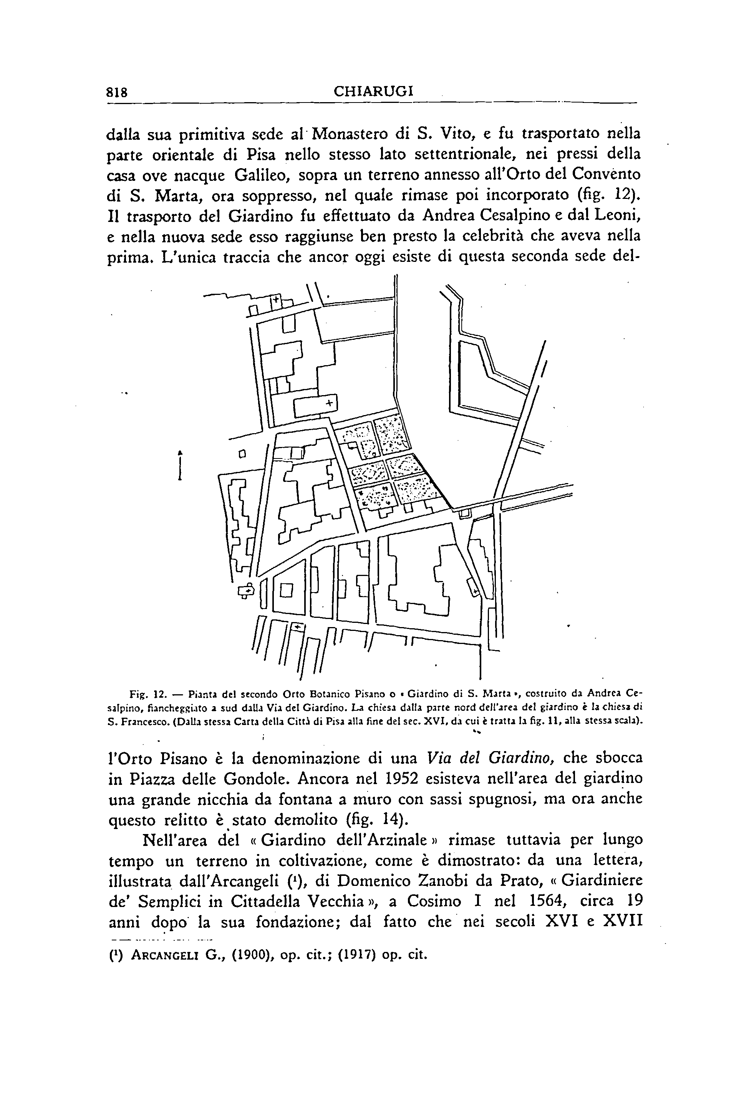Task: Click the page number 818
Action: pyautogui.click(x=118, y=92)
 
